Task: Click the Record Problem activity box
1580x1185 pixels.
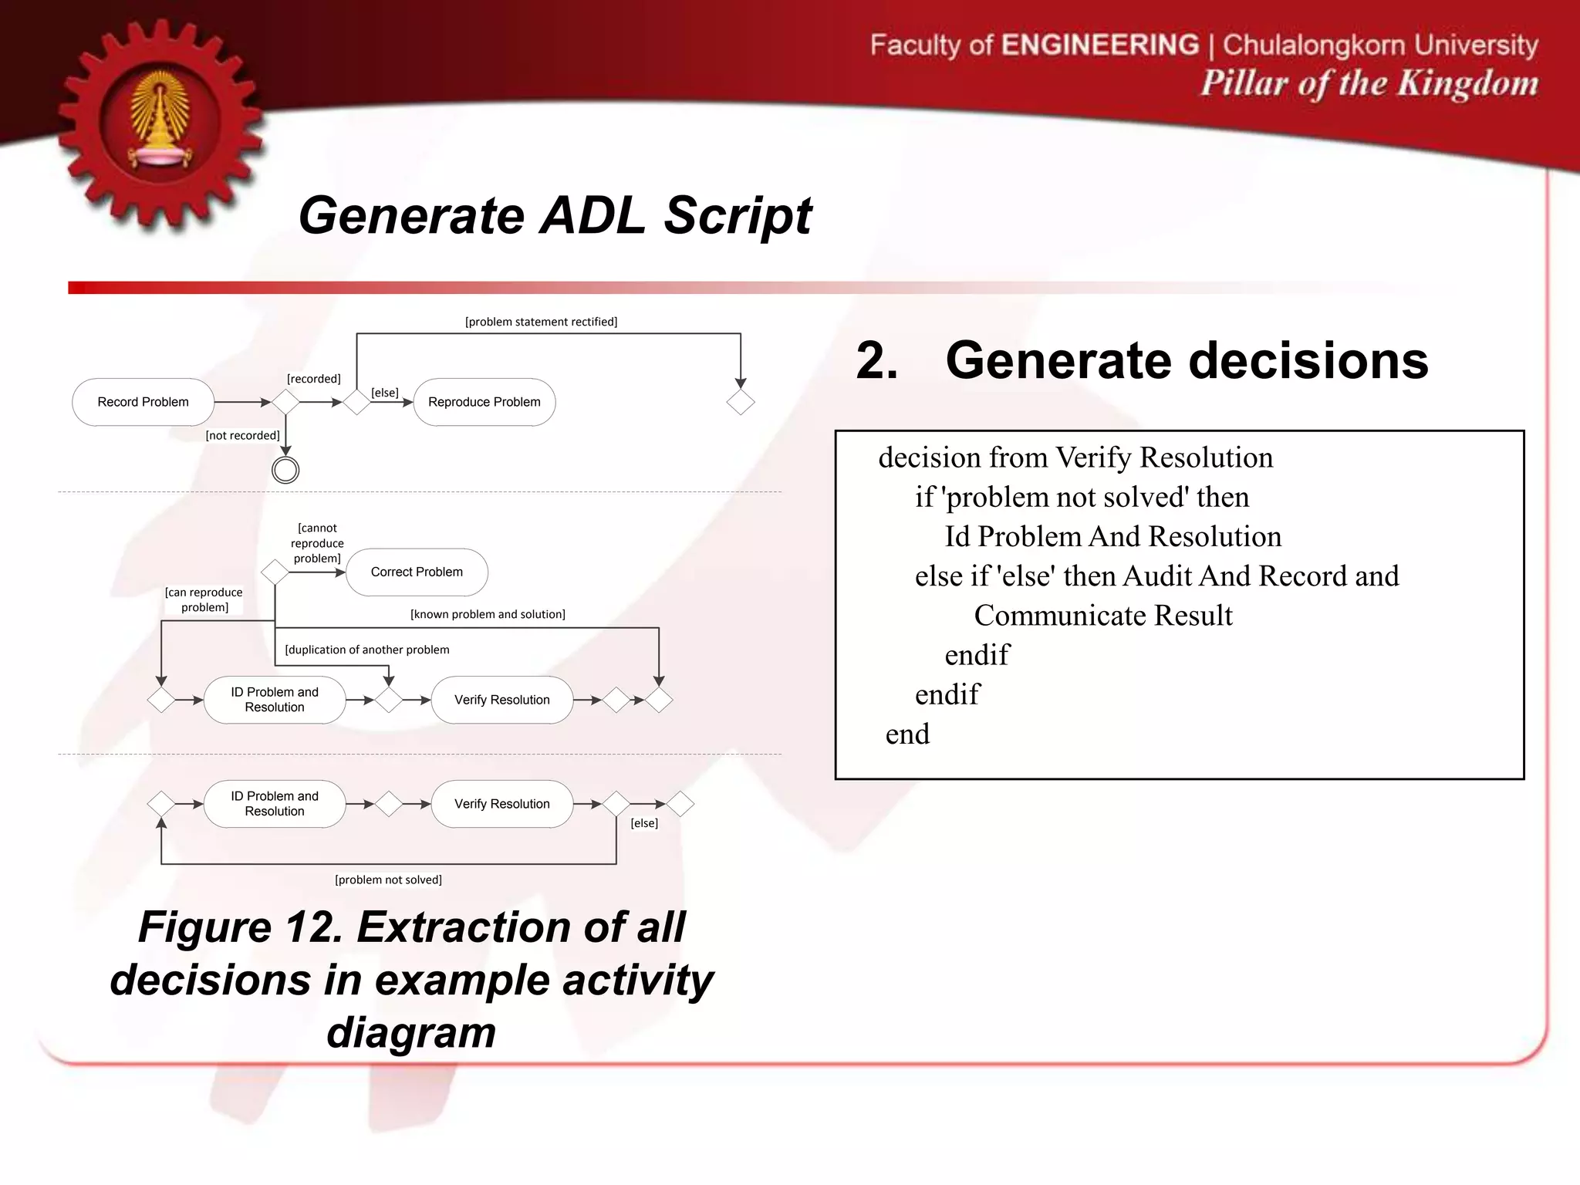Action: pos(143,402)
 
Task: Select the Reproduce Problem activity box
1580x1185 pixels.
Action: pos(484,402)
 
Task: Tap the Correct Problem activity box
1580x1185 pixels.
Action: pos(417,572)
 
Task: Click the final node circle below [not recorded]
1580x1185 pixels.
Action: pos(285,470)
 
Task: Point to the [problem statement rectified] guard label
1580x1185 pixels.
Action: pos(541,322)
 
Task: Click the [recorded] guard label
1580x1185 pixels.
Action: pos(313,379)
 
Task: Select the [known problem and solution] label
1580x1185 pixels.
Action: pos(488,614)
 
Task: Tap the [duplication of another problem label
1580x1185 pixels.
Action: pos(366,650)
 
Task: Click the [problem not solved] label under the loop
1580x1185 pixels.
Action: pos(388,879)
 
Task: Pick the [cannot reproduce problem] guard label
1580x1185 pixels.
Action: pos(317,543)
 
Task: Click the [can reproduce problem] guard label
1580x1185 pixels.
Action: pos(204,599)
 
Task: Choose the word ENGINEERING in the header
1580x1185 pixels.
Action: pos(1100,45)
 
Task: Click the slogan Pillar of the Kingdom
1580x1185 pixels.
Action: pos(1369,83)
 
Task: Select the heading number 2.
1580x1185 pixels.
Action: pos(877,360)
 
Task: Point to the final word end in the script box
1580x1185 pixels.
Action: pos(907,734)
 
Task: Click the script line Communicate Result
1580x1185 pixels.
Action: pos(1103,616)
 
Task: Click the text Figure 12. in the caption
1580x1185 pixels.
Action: pos(240,927)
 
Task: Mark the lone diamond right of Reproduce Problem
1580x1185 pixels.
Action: pos(741,402)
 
